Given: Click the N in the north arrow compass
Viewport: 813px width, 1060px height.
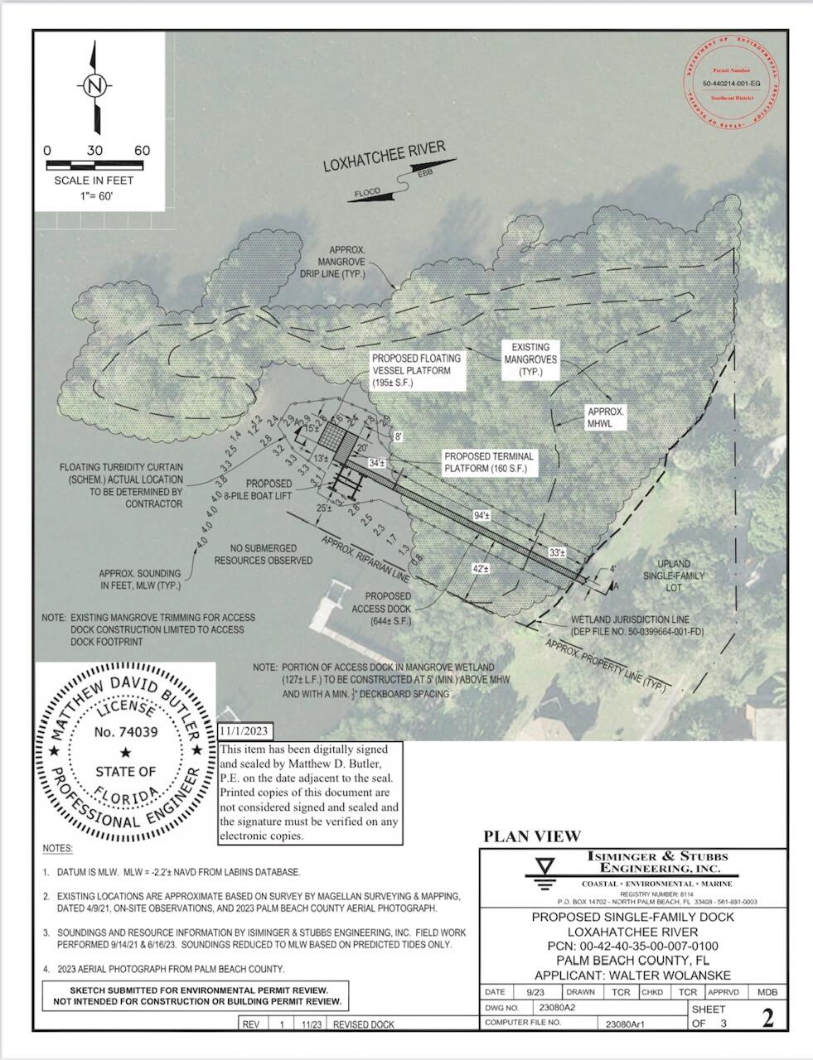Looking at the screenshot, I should click(95, 85).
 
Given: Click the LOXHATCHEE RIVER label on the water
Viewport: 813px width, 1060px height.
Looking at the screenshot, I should click(384, 157).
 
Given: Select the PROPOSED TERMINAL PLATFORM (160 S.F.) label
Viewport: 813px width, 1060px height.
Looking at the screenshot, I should click(489, 463).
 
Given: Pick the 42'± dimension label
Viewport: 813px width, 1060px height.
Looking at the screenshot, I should click(480, 569).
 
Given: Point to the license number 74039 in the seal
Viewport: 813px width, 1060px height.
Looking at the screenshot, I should click(126, 731).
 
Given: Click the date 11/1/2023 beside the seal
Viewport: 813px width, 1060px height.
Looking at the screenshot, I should click(244, 731).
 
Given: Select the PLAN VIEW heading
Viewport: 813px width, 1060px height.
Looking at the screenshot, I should click(531, 836).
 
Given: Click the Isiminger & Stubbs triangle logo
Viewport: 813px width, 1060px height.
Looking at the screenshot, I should click(544, 870).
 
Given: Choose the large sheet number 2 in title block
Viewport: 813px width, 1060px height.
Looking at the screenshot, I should click(767, 1017).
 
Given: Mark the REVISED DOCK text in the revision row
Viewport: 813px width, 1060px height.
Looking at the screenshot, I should click(364, 1024).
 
